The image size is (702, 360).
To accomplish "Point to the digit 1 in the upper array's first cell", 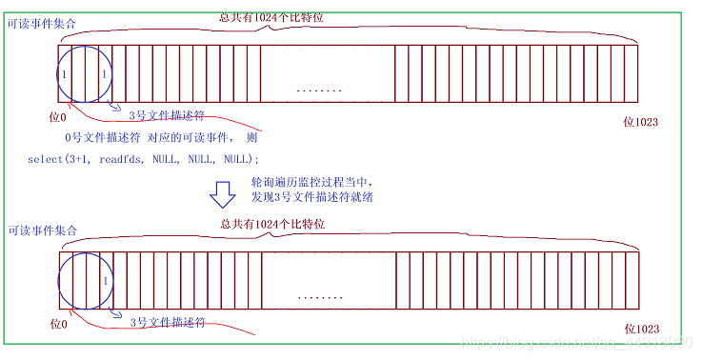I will (64, 74).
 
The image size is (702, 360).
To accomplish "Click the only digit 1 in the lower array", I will (105, 281).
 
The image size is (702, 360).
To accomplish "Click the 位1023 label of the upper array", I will (640, 121).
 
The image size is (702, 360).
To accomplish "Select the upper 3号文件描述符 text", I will (167, 114).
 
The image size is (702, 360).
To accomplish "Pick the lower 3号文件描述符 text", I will (168, 321).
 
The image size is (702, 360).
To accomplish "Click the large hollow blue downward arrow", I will (222, 193).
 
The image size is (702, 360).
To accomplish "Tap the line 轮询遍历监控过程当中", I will (307, 181).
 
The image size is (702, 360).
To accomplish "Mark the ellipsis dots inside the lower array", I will (320, 297).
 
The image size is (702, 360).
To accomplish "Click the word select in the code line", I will (46, 158).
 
